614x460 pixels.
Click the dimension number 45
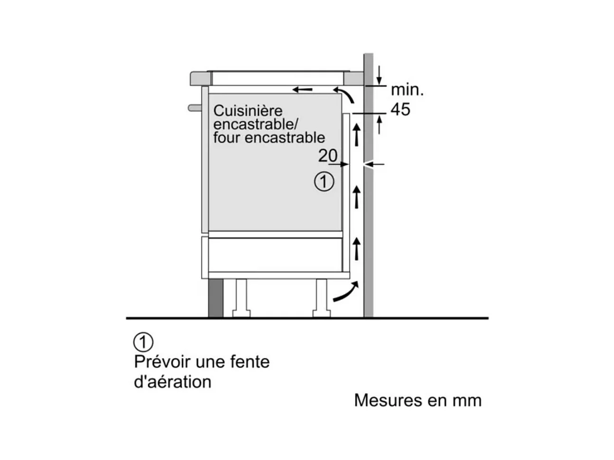(400, 109)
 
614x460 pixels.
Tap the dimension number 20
(327, 156)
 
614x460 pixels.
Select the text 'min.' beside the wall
(407, 90)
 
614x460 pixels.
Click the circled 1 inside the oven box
(324, 182)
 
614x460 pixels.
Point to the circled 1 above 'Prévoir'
(143, 342)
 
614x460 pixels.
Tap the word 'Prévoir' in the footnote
(163, 362)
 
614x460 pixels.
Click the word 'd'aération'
(173, 382)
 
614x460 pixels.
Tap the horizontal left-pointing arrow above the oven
(302, 90)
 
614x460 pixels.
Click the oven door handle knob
(195, 108)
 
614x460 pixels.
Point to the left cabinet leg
(242, 298)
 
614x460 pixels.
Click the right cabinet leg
(321, 298)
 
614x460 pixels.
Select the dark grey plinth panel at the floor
(216, 298)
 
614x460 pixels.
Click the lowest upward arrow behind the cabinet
(356, 248)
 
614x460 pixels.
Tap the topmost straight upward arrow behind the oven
(356, 135)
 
